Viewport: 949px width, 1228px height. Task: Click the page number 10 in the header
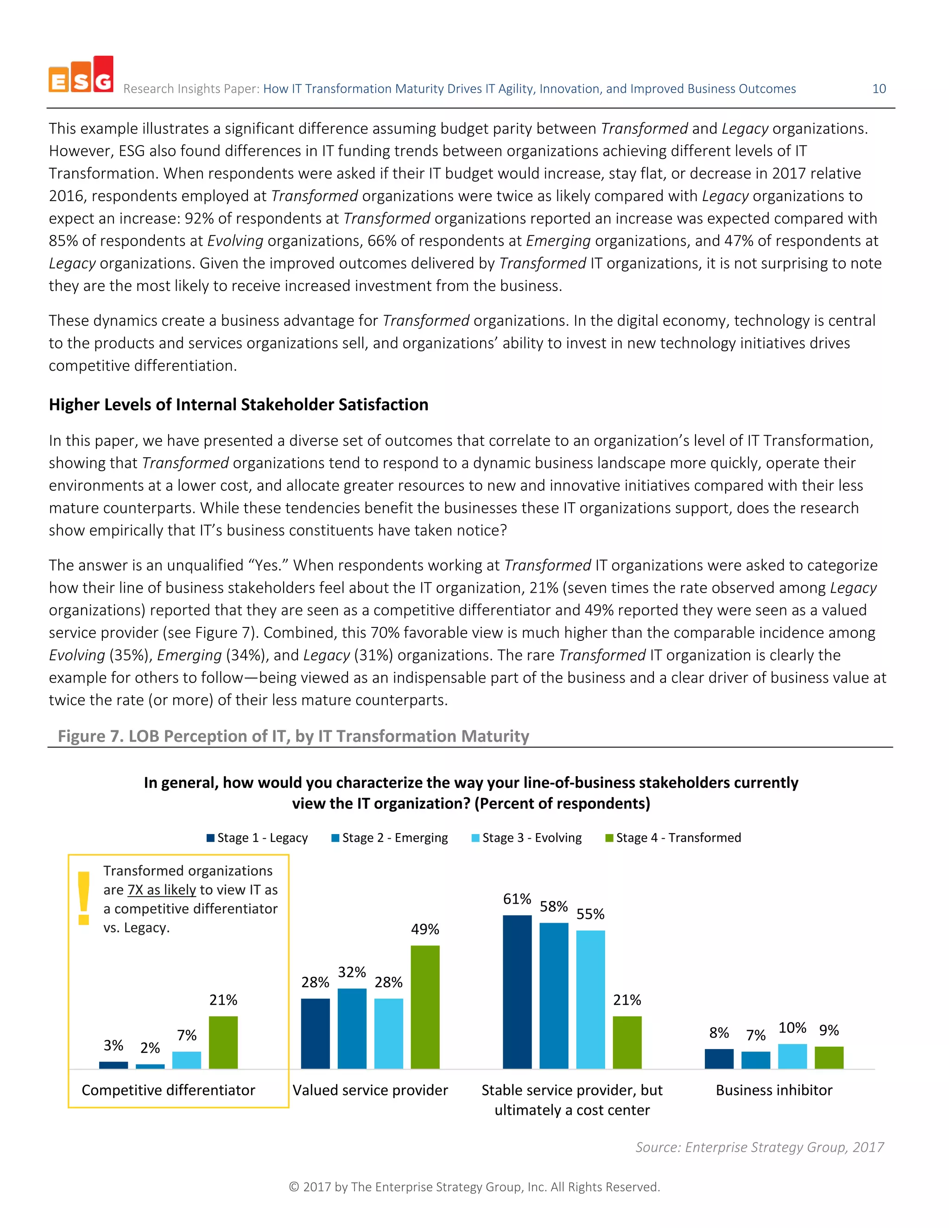879,89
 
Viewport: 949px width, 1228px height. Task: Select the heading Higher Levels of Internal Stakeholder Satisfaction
238,405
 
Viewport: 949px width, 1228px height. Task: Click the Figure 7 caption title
293,736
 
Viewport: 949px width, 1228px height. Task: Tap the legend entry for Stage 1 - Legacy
258,838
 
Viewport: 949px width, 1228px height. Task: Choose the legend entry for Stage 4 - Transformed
673,838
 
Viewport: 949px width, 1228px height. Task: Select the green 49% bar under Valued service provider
425,1007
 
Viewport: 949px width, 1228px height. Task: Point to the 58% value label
554,906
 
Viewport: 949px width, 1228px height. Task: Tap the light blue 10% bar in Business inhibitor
792,1056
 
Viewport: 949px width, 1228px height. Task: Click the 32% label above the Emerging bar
352,972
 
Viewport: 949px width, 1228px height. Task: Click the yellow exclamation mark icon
84,898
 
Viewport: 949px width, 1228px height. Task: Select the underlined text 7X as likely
162,890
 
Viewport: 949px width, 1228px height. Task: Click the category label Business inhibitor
773,1090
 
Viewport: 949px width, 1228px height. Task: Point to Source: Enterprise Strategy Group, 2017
759,1147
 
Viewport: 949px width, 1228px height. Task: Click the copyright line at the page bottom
474,1187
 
